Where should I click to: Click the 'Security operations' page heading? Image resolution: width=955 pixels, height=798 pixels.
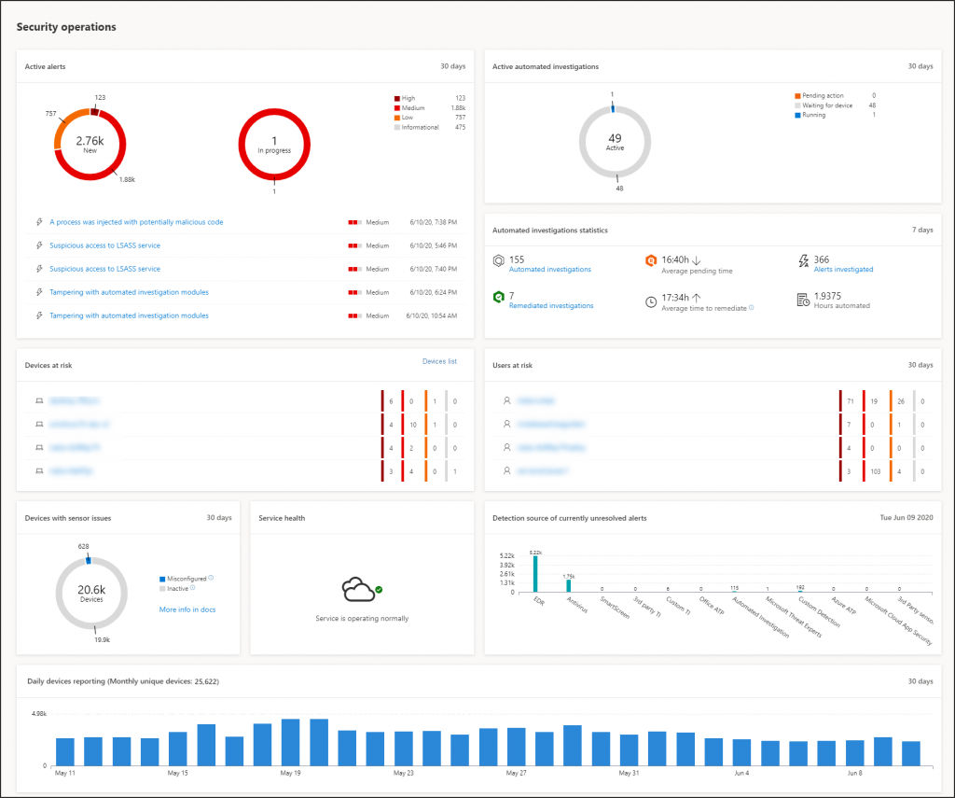(x=66, y=27)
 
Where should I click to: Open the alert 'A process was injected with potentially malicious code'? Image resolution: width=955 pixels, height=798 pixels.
(x=136, y=222)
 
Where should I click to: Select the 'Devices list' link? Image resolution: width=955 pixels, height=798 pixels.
(x=439, y=361)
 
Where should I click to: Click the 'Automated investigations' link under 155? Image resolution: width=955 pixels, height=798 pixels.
(x=549, y=270)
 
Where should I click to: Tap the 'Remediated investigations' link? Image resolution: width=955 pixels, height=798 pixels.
(x=550, y=306)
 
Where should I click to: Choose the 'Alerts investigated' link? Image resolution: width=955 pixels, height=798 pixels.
(x=843, y=270)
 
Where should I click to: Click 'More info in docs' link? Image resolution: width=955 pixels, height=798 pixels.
(x=187, y=609)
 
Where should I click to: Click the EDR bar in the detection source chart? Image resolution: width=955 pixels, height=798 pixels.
(x=535, y=573)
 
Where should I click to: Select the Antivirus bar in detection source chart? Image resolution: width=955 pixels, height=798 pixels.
(x=568, y=585)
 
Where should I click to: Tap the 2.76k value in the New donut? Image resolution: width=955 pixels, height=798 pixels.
(x=90, y=140)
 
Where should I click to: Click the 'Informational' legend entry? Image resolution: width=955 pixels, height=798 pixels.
(x=420, y=127)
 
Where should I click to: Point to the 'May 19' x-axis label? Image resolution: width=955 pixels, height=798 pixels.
(x=291, y=774)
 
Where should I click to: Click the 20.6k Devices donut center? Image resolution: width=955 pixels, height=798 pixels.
(x=90, y=593)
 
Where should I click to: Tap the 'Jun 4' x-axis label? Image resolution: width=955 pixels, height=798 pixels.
(x=741, y=774)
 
